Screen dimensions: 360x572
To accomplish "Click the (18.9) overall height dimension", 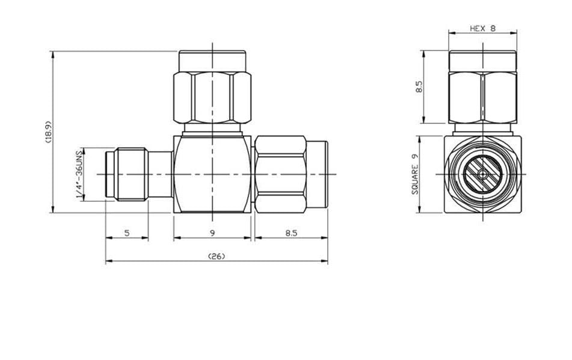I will click(x=48, y=132).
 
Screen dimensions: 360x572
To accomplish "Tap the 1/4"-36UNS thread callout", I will click(x=78, y=175).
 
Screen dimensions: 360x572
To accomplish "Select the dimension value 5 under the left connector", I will click(x=127, y=233).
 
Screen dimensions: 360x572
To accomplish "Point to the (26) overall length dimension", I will click(x=216, y=257).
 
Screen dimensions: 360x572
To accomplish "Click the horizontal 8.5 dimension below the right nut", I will click(x=291, y=233).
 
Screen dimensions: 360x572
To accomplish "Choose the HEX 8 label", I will click(x=482, y=28).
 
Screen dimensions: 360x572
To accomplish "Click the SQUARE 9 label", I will click(x=415, y=174).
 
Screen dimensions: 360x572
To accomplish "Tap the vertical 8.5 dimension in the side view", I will click(x=419, y=87).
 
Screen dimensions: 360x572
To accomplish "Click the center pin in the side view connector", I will click(x=482, y=174).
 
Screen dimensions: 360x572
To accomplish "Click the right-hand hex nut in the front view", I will click(x=280, y=174).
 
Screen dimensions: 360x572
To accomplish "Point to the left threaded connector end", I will click(x=126, y=174).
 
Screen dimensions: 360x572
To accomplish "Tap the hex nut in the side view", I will click(x=482, y=97).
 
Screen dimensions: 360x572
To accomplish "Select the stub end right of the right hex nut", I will click(x=317, y=174).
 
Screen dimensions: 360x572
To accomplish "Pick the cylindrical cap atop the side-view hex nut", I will click(x=482, y=61).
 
